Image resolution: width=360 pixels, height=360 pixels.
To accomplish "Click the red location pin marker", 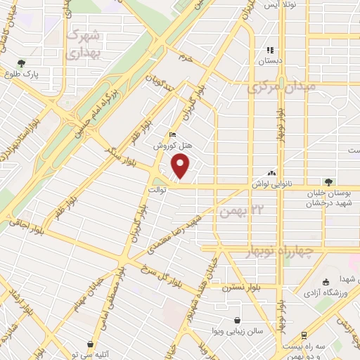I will click(181, 167).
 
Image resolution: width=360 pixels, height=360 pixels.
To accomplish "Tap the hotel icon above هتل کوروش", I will click(172, 136).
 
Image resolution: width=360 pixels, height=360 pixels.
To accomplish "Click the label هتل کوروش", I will click(170, 146).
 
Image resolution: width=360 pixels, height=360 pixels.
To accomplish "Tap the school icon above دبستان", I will click(269, 50).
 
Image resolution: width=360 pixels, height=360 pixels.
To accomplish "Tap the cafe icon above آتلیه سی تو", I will click(91, 344).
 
